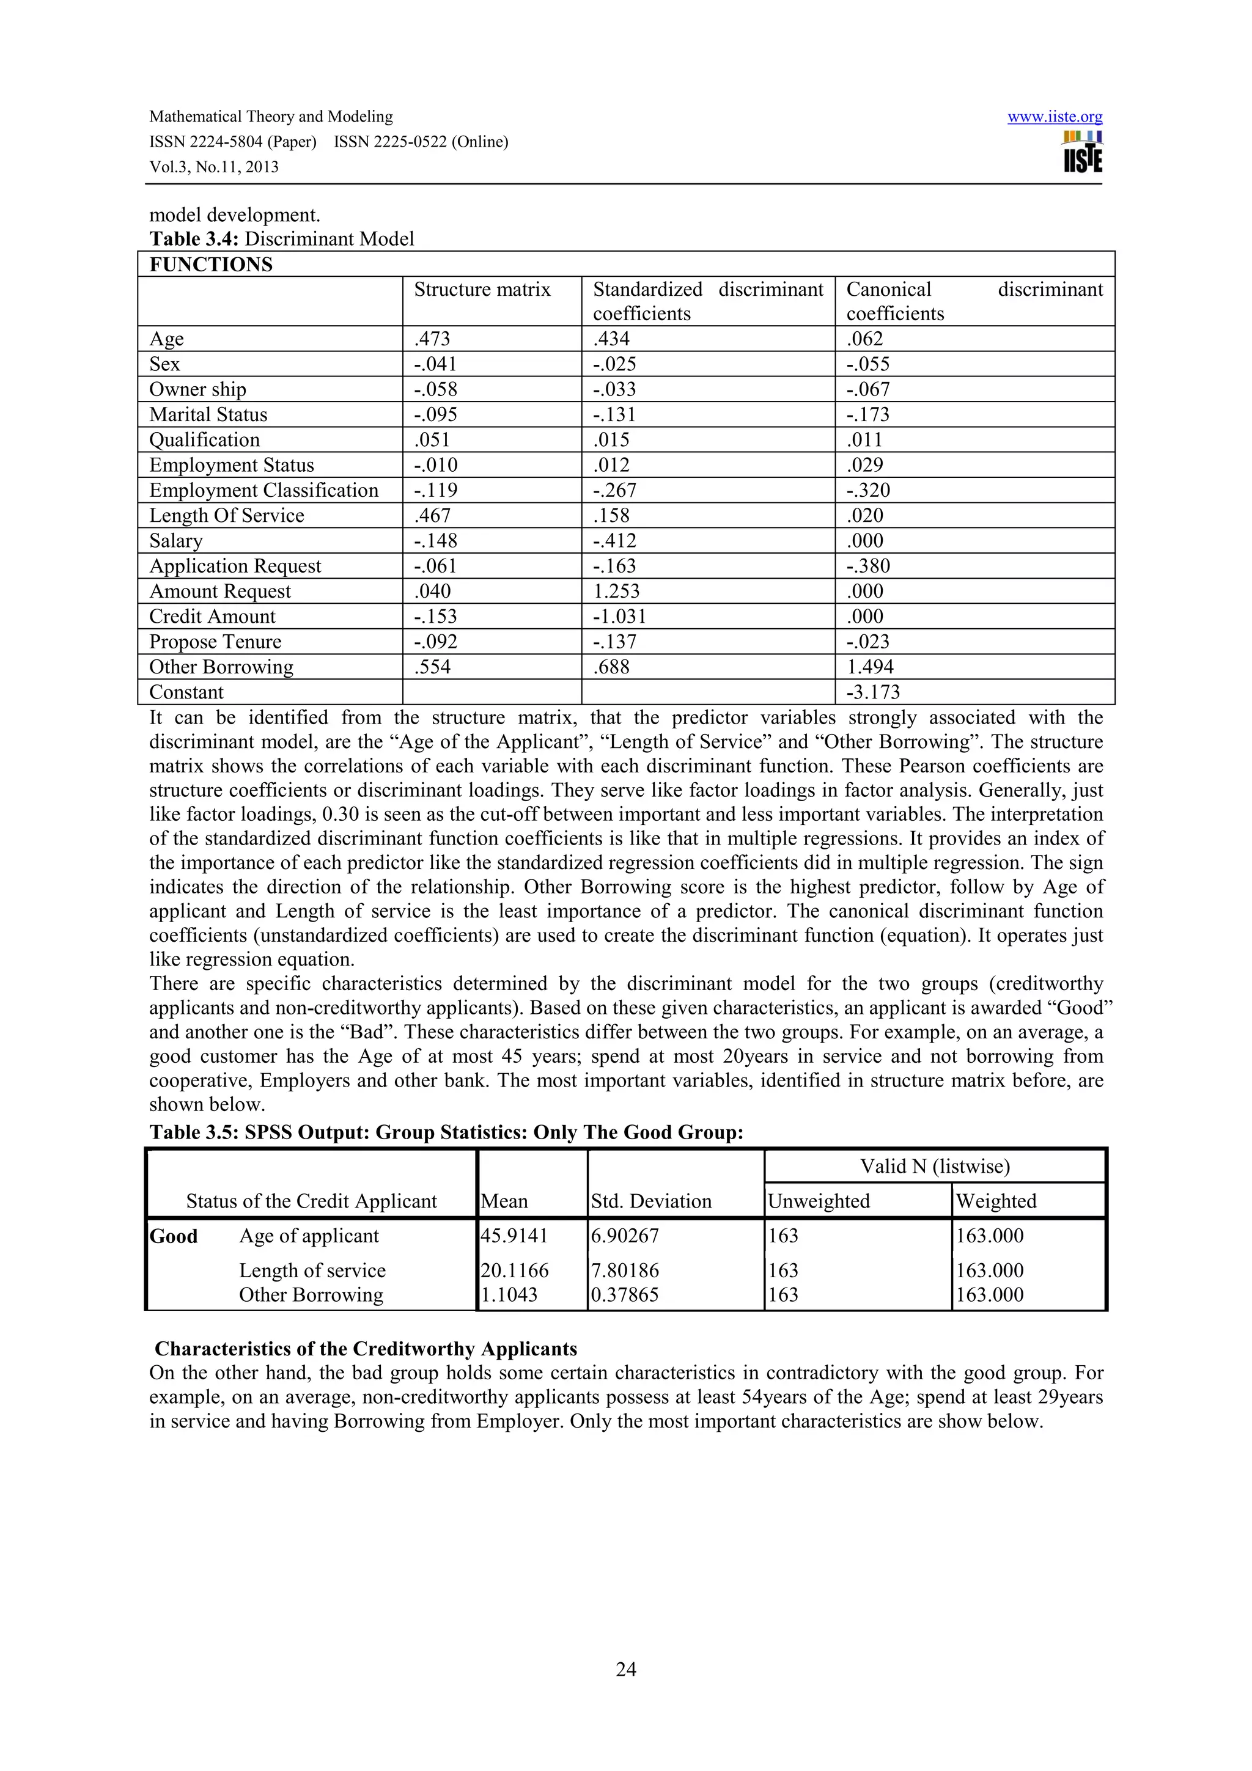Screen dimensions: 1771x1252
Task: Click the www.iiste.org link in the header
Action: (1055, 117)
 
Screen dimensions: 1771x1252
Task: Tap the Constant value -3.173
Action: (873, 692)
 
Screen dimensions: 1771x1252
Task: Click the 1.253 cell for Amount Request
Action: (616, 591)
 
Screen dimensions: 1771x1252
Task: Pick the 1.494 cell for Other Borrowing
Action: (869, 667)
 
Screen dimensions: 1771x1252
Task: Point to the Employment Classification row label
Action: (264, 491)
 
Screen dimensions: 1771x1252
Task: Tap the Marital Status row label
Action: (208, 415)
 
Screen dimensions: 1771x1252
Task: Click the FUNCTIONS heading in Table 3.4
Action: (210, 265)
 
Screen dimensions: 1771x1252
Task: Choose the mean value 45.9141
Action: (514, 1236)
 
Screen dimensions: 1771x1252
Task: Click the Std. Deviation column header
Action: (651, 1201)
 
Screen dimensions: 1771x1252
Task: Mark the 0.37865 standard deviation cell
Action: (625, 1294)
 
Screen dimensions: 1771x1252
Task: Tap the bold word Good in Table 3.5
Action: (174, 1236)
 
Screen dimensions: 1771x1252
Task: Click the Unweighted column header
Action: (819, 1201)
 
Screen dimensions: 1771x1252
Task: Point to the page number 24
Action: (625, 1669)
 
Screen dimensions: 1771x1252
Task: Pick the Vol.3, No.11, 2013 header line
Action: (214, 167)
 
